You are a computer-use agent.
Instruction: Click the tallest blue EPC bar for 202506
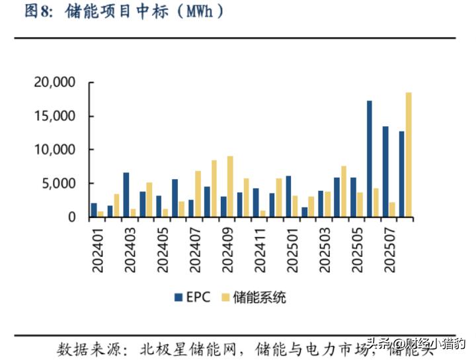[370, 159]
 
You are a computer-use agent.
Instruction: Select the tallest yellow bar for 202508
[409, 155]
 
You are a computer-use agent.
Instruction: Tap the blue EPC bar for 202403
[126, 194]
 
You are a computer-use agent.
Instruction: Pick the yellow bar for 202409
[229, 186]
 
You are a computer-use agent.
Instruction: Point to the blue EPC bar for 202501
[288, 196]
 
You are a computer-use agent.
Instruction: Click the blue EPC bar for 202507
[385, 171]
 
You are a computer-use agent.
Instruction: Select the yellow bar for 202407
[198, 194]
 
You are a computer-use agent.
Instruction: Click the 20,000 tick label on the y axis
[55, 83]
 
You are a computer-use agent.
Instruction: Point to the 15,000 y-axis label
[55, 116]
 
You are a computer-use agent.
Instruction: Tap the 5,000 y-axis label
[59, 184]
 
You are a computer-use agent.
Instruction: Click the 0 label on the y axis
[72, 217]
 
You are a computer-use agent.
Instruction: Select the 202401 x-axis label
[98, 248]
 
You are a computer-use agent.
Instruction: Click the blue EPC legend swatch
[178, 297]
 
